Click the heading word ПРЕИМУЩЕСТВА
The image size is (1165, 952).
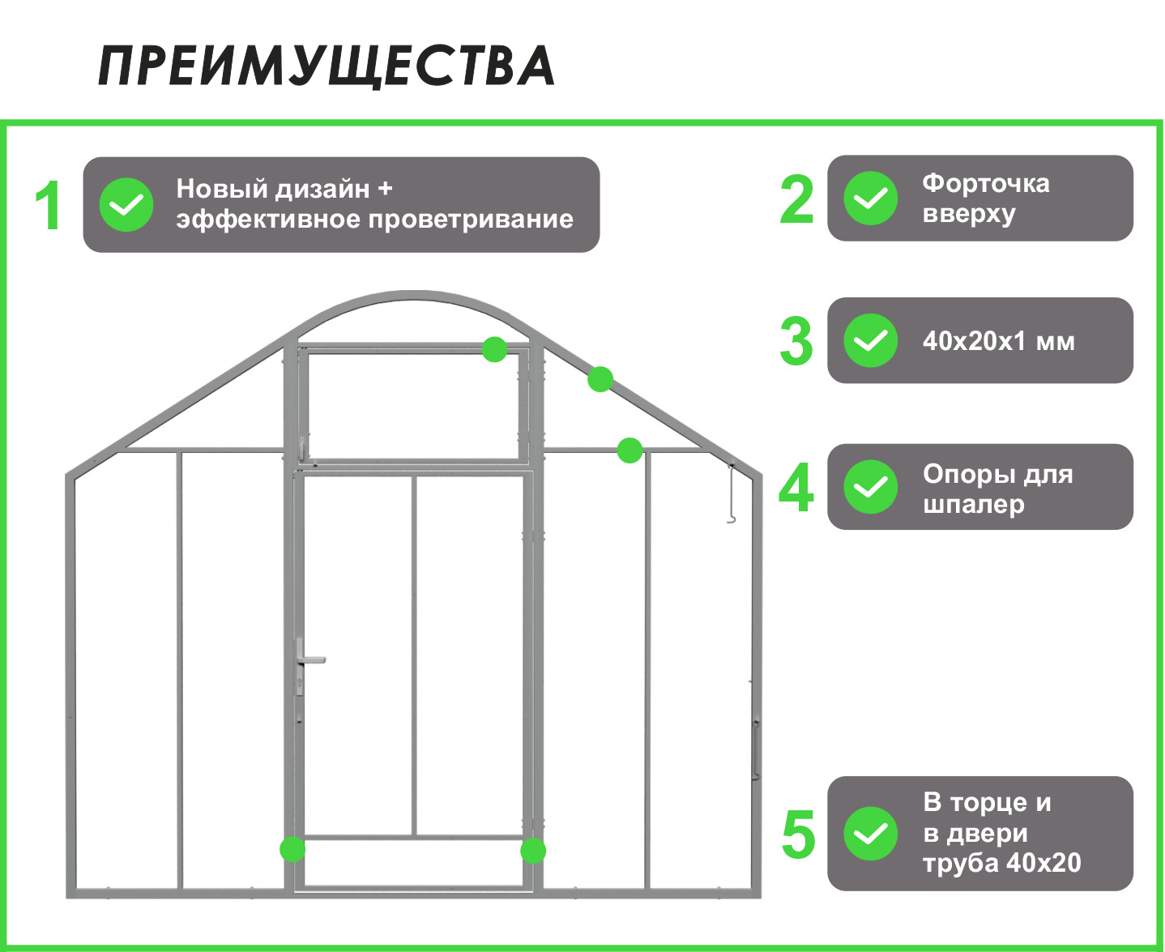[326, 66]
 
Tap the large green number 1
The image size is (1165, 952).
[49, 206]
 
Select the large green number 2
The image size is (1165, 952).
[796, 199]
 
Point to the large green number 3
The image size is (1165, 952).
[796, 341]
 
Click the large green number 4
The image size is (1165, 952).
[796, 488]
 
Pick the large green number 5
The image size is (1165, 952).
[798, 835]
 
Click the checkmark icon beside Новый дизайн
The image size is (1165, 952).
[126, 205]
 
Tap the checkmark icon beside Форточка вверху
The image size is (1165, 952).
[871, 199]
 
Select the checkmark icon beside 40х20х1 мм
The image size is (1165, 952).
[871, 341]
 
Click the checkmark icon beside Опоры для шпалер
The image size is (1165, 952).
[871, 487]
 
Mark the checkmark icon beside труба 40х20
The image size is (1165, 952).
[871, 834]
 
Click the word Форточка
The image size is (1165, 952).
[986, 183]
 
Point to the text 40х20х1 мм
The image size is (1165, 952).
[999, 341]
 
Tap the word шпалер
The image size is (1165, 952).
[974, 504]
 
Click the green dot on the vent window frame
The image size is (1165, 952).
[495, 349]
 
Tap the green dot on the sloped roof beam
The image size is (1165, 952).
[600, 378]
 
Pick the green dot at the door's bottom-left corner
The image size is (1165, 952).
[292, 849]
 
